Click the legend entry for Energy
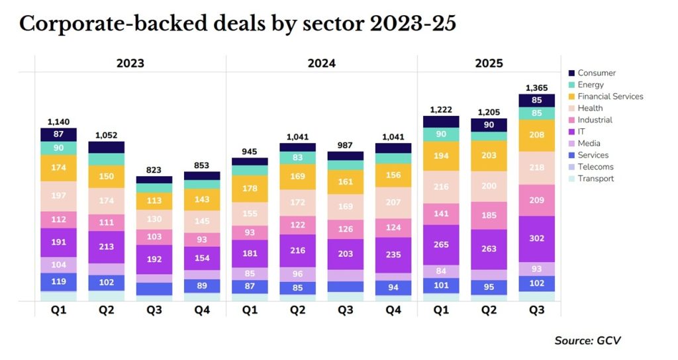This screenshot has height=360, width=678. [x=591, y=85]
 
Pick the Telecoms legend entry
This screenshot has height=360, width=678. [x=595, y=167]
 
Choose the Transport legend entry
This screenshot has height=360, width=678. [x=595, y=179]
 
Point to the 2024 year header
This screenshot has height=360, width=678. [x=321, y=64]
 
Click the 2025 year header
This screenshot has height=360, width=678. [x=489, y=64]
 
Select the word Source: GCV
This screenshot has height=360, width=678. [x=587, y=340]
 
